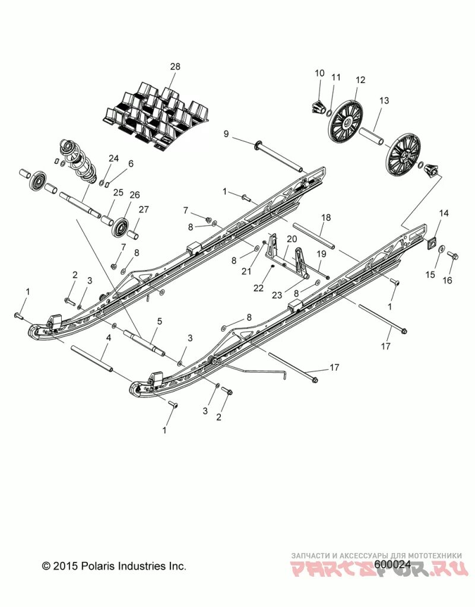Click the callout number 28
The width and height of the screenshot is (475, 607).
(x=175, y=66)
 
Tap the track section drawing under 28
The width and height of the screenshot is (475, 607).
(x=157, y=112)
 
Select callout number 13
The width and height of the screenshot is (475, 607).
(x=384, y=101)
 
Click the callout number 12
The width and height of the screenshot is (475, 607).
(x=360, y=80)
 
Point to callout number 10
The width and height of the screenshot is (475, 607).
(x=319, y=73)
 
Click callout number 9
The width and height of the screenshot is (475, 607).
(x=226, y=134)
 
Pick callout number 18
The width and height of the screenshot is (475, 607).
(x=325, y=218)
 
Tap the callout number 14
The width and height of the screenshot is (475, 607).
(x=444, y=213)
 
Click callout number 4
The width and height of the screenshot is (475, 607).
(x=108, y=338)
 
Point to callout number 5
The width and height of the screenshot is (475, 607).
(x=159, y=322)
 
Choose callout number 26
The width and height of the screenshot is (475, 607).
(x=135, y=195)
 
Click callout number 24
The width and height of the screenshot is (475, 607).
(x=113, y=158)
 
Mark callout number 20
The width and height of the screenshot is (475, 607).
(x=292, y=239)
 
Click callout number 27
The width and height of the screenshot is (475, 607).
(x=143, y=209)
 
